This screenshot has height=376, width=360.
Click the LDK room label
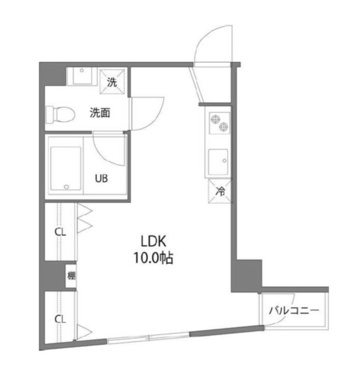click(154, 241)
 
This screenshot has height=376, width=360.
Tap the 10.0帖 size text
click(154, 259)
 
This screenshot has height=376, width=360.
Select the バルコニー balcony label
click(293, 311)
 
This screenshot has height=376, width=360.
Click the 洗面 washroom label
click(99, 112)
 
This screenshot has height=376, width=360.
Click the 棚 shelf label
click(71, 275)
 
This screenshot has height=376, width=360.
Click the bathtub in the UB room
click(65, 168)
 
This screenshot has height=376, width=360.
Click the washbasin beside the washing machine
click(81, 77)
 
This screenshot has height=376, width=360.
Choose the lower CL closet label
click(61, 318)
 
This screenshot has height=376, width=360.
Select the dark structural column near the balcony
click(248, 274)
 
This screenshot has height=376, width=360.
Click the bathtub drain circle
click(66, 186)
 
